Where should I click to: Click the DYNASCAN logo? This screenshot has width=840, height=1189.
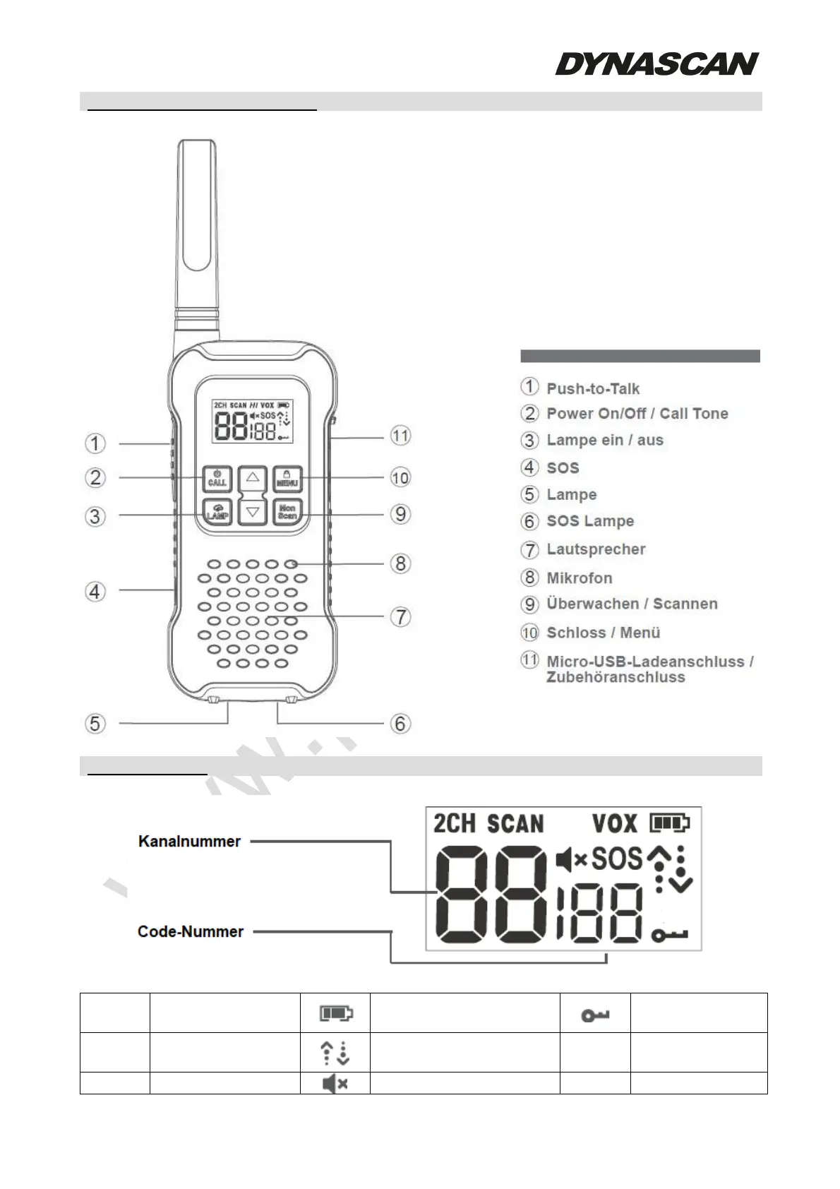click(656, 64)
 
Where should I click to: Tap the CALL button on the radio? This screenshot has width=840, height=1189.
click(217, 479)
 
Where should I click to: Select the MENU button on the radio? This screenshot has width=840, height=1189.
click(287, 479)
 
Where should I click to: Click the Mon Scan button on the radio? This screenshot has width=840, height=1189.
click(287, 512)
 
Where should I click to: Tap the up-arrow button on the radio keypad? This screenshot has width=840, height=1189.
click(252, 479)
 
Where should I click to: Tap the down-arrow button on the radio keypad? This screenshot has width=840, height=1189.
click(252, 512)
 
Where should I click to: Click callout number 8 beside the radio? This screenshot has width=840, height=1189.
click(400, 563)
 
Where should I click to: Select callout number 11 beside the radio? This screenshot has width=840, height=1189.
click(400, 436)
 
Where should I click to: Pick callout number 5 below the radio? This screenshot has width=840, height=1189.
click(95, 724)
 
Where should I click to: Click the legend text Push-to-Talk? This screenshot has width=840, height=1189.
click(593, 388)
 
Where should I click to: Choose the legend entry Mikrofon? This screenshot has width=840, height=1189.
click(580, 578)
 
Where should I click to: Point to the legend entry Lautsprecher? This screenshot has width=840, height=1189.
click(596, 549)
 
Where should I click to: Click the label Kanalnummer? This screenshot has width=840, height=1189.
click(189, 841)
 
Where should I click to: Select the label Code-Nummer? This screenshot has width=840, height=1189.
click(191, 931)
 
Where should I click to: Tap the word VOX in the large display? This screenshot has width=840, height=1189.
click(614, 823)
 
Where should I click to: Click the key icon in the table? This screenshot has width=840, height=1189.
click(595, 1015)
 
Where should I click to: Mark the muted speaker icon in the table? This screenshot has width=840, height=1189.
click(335, 1083)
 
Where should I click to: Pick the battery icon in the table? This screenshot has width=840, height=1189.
click(336, 1014)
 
